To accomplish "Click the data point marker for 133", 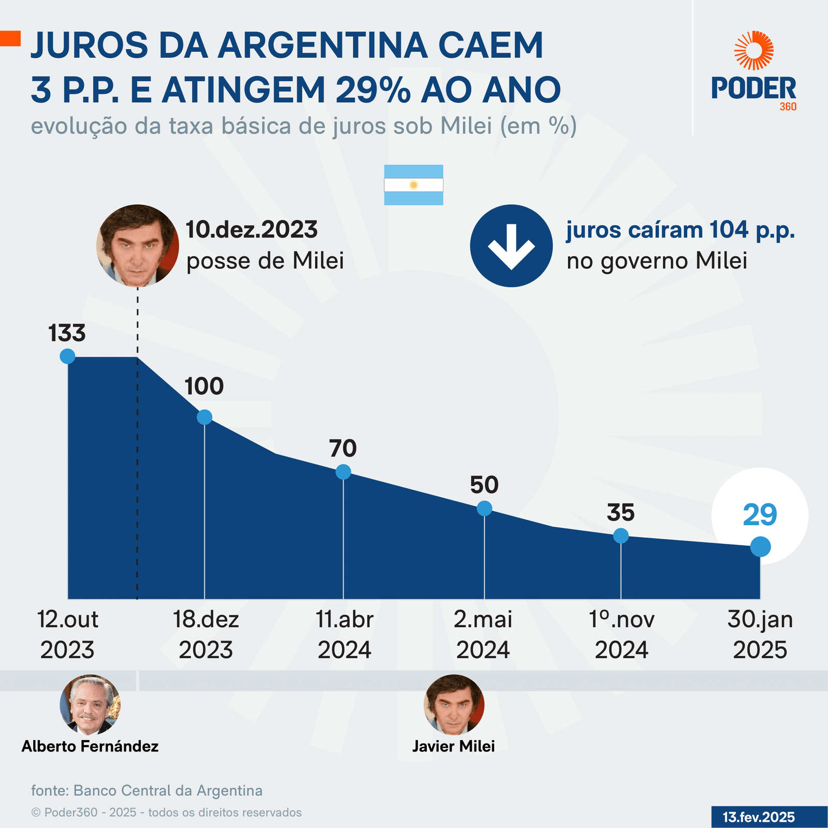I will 67,356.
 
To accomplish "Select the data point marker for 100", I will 204,417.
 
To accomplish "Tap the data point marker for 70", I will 343,472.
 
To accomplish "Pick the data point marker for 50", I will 484,508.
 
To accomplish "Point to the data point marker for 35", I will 621,536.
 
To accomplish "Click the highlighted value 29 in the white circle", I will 760,515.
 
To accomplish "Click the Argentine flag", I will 413,185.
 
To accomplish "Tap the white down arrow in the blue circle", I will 511,246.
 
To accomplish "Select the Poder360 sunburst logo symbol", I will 754,50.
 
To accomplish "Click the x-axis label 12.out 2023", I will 67,634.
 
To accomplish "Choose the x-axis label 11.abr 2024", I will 345,634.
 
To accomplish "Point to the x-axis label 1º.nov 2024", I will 622,634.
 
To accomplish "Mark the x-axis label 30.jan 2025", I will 760,634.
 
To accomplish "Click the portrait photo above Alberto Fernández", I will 90,704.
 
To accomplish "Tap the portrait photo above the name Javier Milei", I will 454,704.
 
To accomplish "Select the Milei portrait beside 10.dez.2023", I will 138,246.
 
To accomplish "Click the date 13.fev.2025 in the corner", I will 759,817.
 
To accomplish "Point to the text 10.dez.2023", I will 252,230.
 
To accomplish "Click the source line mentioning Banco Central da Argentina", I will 147,791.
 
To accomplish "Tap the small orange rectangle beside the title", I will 10,39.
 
